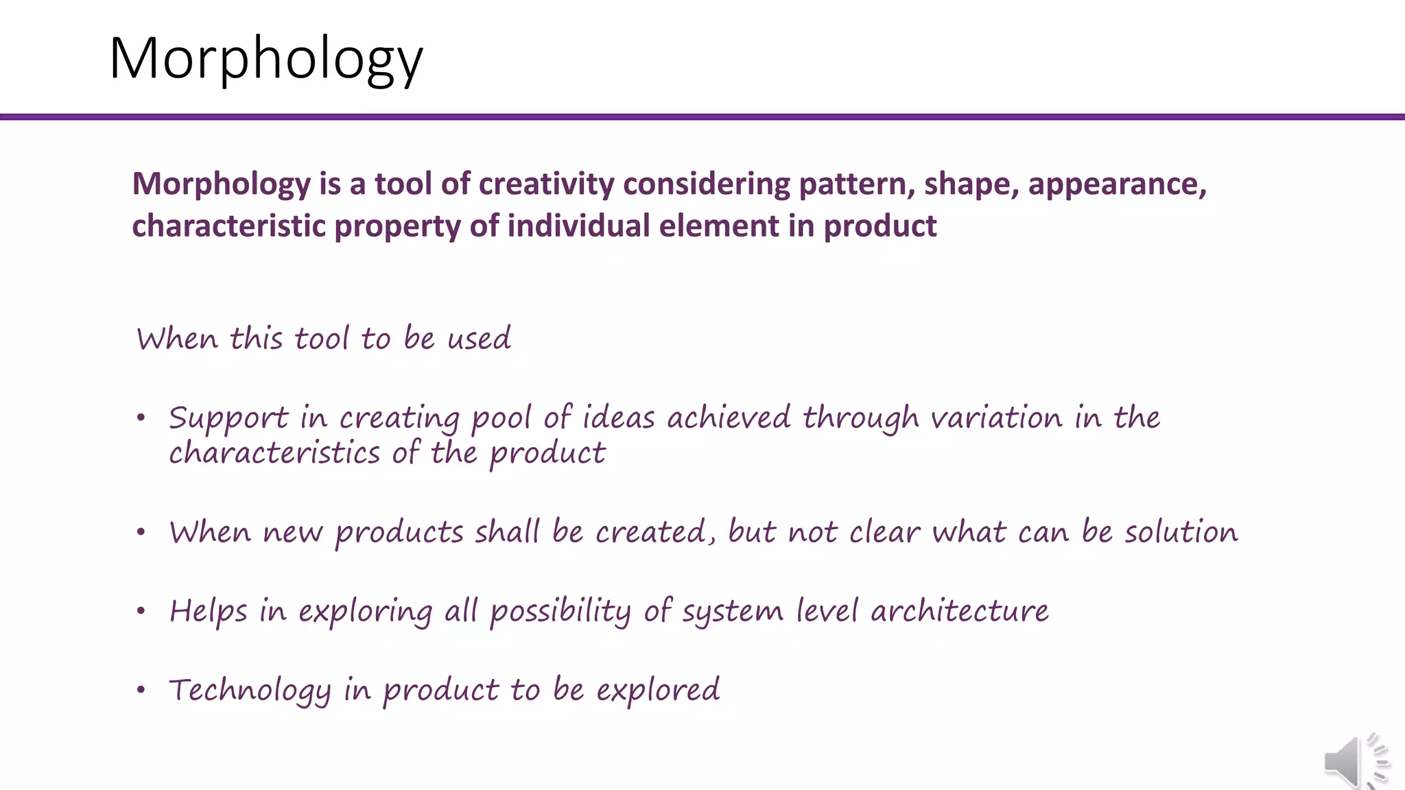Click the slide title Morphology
point(266,59)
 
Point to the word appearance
point(1117,184)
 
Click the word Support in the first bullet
point(228,418)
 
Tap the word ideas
point(618,418)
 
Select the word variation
point(996,418)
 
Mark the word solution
point(1181,532)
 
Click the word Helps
point(208,611)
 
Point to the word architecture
point(959,611)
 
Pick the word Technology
point(250,690)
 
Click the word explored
point(658,690)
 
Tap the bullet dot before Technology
point(141,690)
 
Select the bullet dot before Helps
point(141,611)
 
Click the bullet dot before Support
point(141,418)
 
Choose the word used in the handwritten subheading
point(479,339)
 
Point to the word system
point(732,611)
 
